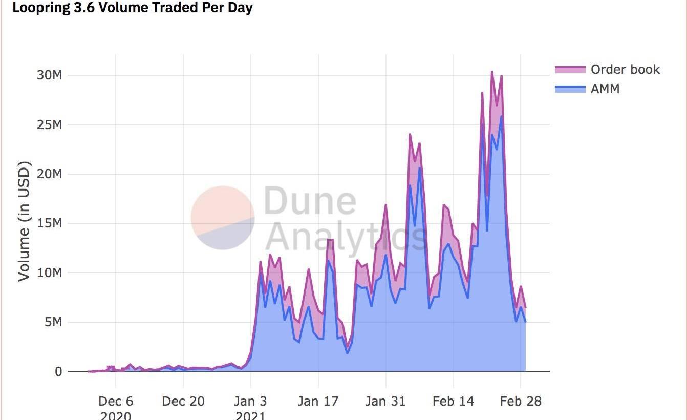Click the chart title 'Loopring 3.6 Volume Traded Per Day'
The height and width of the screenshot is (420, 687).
[132, 8]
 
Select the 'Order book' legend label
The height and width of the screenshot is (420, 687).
[625, 69]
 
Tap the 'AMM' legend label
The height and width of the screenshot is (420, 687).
[605, 89]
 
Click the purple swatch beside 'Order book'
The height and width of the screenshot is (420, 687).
[570, 70]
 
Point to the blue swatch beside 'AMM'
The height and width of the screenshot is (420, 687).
[570, 89]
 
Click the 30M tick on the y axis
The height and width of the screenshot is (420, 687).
[50, 75]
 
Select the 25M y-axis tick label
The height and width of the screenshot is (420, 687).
[50, 125]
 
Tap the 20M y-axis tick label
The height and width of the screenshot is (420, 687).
[50, 174]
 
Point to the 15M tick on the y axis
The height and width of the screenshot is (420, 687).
[50, 224]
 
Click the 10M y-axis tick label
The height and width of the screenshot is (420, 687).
[50, 273]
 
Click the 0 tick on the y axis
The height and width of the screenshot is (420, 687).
[58, 372]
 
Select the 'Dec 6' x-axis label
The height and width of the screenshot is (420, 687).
[116, 401]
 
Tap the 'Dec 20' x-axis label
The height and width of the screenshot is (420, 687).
[183, 401]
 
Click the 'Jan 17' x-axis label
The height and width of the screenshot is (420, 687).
[318, 401]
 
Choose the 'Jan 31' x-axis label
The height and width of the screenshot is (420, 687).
[385, 401]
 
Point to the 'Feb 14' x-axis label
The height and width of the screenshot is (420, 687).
[453, 401]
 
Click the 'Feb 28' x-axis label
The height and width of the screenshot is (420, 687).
[521, 401]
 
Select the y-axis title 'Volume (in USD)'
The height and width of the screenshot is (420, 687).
[24, 221]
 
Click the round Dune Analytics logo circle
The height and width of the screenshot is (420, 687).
[223, 218]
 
